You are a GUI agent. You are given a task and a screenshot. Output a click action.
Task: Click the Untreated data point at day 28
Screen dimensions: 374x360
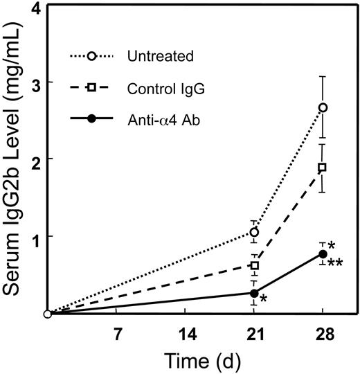(323, 107)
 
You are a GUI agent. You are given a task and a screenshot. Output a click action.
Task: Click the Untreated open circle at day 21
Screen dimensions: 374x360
(254, 232)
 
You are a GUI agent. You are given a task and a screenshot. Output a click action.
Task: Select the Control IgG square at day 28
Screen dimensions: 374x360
(323, 168)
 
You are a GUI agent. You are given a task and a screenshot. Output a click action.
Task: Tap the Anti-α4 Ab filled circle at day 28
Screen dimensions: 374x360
(323, 254)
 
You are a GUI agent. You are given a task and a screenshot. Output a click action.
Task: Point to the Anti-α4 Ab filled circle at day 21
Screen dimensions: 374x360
(254, 293)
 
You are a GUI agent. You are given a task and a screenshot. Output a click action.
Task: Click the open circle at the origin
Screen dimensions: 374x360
(47, 314)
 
